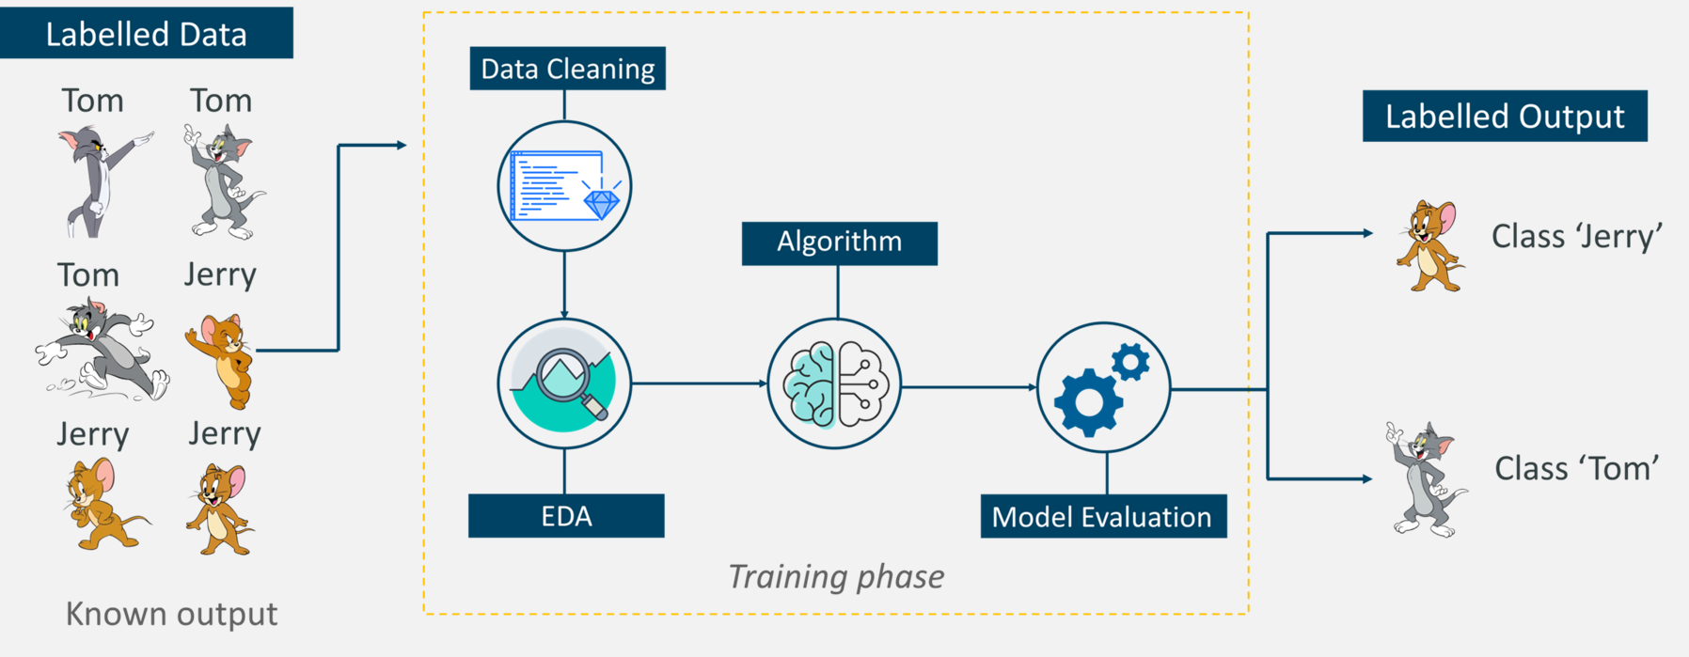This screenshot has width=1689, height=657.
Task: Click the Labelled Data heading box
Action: (146, 34)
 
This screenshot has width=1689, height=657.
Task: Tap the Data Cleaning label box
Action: (567, 69)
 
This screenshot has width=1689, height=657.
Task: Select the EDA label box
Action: (566, 516)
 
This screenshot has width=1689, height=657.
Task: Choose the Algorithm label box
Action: (839, 242)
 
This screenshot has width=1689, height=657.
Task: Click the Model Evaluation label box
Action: (1102, 517)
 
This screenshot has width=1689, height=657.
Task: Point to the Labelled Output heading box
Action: (1504, 117)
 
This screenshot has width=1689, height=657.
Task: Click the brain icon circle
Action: (834, 383)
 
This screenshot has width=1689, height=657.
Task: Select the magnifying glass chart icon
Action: (564, 381)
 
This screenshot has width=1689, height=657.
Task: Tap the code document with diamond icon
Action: (564, 186)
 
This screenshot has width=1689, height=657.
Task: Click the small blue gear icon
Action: (1129, 362)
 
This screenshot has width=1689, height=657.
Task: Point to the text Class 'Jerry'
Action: (1576, 236)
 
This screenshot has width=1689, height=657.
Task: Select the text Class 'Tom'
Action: (1576, 468)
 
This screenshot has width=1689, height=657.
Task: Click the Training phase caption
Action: (836, 576)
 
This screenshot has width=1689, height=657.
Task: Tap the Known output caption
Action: (171, 614)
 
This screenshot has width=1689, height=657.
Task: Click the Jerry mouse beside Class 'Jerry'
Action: (1428, 246)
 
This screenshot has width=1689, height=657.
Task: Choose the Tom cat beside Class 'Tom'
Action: (1425, 479)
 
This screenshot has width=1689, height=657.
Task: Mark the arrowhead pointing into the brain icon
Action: (763, 383)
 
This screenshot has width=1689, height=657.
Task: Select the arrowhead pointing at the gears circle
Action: (1032, 387)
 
